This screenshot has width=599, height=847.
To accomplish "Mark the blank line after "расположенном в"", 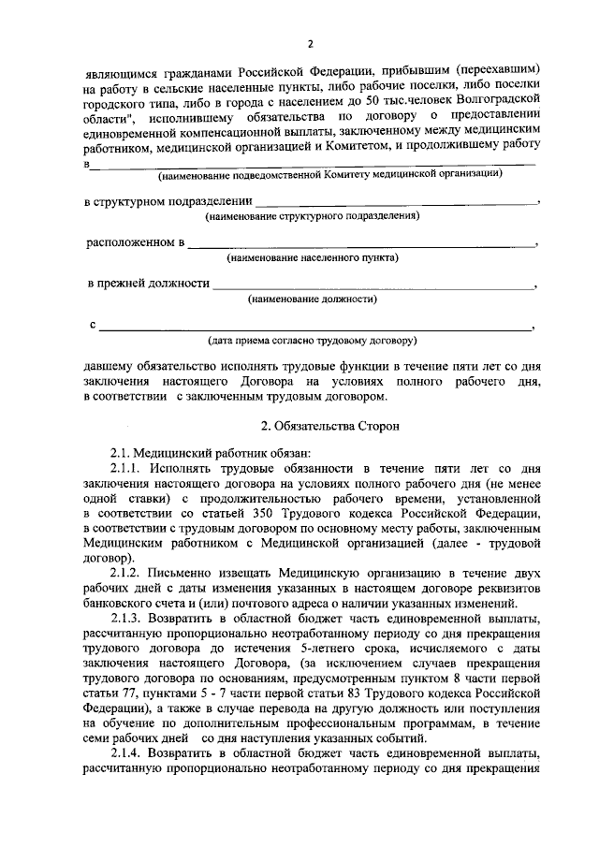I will click(361, 243).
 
